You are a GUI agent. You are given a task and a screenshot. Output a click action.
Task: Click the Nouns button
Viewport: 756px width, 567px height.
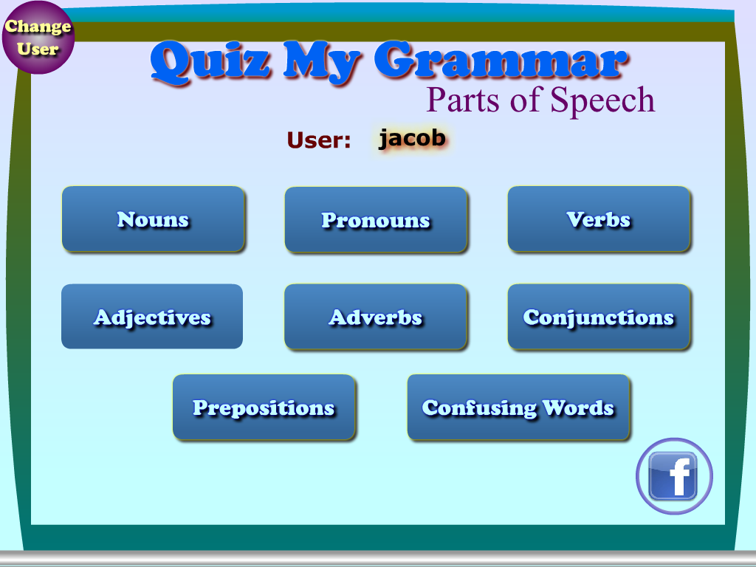(153, 219)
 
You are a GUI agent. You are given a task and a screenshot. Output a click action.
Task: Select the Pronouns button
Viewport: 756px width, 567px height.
(376, 220)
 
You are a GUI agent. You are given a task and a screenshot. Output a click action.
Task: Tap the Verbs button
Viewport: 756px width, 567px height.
(599, 219)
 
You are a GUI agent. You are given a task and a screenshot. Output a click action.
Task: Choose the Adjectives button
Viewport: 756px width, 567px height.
(152, 317)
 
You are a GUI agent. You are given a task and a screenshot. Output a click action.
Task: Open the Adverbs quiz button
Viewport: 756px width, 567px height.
(376, 317)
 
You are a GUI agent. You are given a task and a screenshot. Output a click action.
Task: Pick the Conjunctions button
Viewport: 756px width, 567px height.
(599, 317)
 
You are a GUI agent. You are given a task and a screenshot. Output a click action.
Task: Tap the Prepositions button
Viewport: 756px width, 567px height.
(264, 408)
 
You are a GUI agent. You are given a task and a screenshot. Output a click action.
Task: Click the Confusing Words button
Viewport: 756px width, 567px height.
(518, 408)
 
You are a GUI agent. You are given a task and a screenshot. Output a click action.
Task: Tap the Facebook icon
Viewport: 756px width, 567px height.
(673, 476)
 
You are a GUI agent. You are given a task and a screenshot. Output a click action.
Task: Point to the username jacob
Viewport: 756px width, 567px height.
(411, 138)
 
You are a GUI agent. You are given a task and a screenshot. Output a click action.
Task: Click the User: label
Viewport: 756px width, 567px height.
(319, 140)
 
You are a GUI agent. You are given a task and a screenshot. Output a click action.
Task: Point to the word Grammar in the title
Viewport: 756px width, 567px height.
(502, 62)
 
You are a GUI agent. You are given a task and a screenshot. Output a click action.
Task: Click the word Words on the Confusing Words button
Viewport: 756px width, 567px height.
(578, 408)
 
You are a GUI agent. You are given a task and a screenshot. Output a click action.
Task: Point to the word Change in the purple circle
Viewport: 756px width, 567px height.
(38, 27)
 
